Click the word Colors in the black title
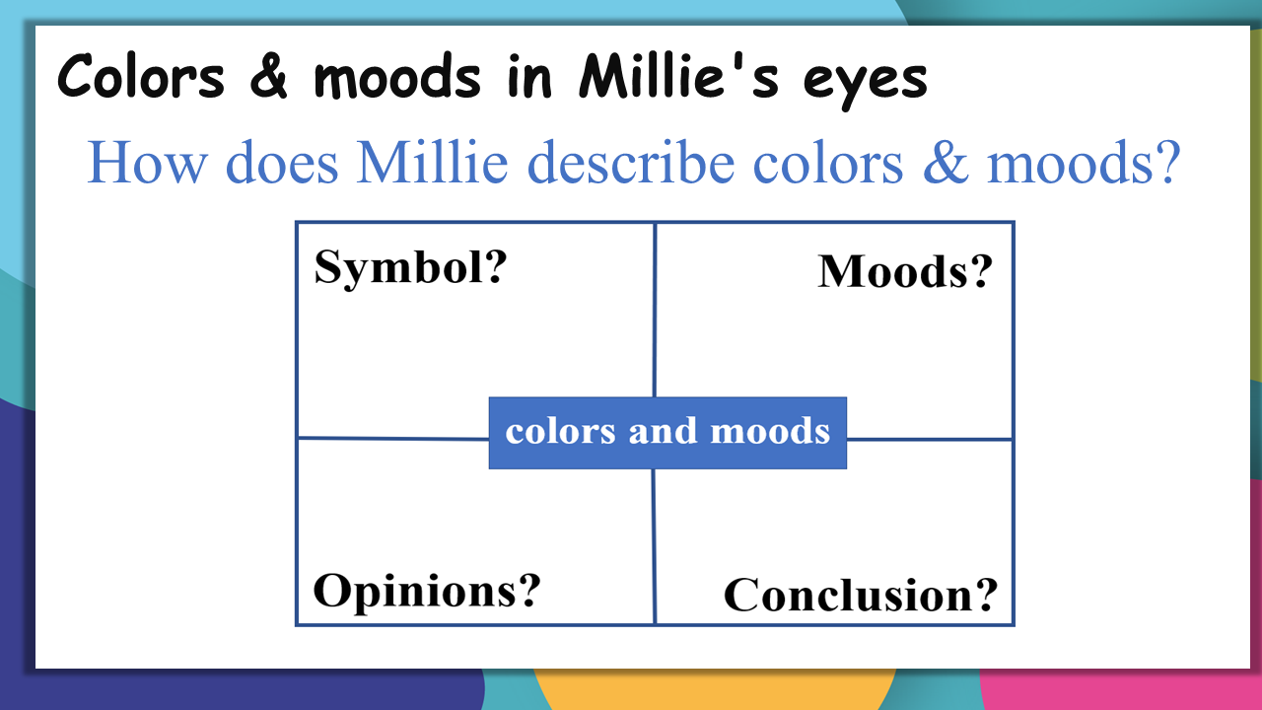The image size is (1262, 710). point(141,77)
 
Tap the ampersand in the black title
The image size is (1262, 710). point(269,77)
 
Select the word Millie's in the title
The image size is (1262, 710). point(679,76)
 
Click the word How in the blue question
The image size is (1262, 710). point(147,163)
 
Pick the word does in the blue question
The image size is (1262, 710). point(282,163)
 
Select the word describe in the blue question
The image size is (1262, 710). point(631,163)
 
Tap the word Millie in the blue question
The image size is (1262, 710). point(432,163)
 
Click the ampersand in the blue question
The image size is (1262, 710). point(946,164)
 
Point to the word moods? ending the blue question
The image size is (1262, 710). point(1084,163)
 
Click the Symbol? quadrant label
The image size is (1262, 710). point(410,268)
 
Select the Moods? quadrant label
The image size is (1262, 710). point(905,271)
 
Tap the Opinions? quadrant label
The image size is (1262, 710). point(427,591)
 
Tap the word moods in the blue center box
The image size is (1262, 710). point(770,431)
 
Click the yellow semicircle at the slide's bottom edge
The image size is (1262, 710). point(714,689)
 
